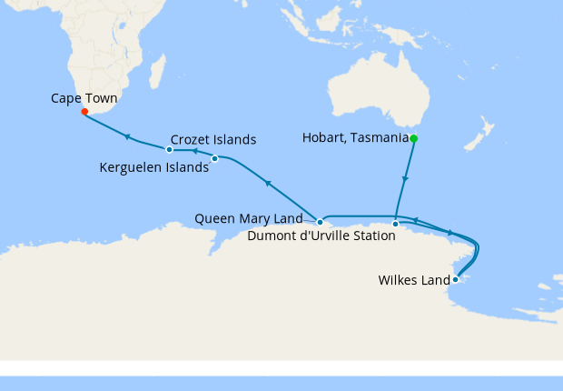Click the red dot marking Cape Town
[x=84, y=112]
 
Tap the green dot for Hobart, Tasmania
[x=413, y=138]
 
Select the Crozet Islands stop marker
[x=170, y=149]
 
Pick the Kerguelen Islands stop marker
[x=214, y=159]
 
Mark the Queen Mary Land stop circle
[x=320, y=222]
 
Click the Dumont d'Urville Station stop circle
[x=395, y=224]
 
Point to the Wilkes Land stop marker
[x=456, y=279]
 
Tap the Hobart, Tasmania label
[x=354, y=138]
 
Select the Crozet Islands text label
[x=213, y=140]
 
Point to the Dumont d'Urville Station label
[x=321, y=236]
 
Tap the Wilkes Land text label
[x=414, y=281]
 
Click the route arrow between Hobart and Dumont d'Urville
[x=405, y=179]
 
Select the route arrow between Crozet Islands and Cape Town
[x=128, y=136]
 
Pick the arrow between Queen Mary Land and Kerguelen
[x=268, y=184]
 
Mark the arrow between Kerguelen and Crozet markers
[x=193, y=151]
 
